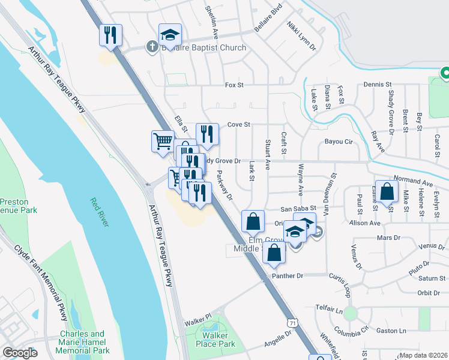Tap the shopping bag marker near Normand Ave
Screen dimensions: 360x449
(x=387, y=192)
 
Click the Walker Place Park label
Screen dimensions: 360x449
(x=218, y=340)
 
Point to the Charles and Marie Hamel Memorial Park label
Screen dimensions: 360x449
(x=84, y=342)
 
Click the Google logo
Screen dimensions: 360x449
(x=20, y=353)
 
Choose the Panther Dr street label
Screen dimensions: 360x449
(x=289, y=275)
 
